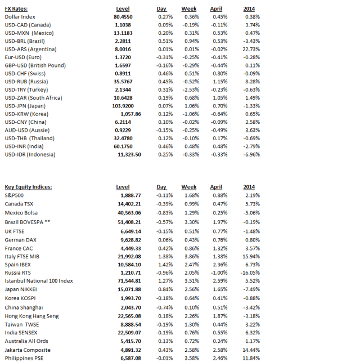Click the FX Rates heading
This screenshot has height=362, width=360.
click(16, 9)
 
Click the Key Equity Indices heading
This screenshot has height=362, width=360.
click(28, 187)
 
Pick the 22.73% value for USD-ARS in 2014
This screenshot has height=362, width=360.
click(251, 50)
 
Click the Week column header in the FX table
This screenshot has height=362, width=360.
click(189, 9)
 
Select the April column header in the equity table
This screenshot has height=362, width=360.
click(216, 187)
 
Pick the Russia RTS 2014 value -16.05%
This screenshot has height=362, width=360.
click(250, 272)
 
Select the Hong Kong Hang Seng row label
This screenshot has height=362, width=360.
click(31, 316)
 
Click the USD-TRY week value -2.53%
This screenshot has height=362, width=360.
click(190, 90)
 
